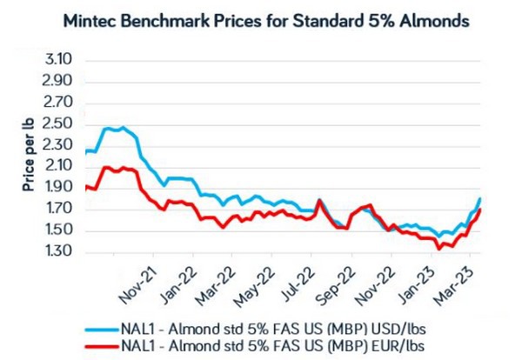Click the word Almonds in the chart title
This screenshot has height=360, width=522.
tap(422, 21)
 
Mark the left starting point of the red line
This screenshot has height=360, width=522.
tap(85, 187)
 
